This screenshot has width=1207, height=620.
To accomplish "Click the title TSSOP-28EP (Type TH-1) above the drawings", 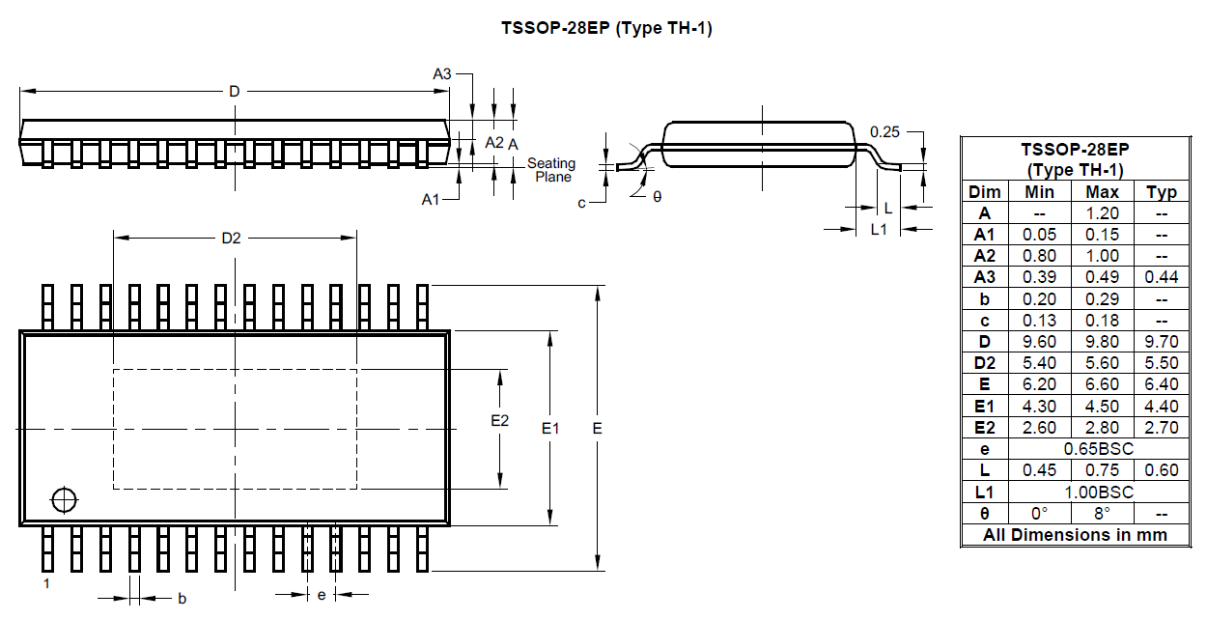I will [606, 28].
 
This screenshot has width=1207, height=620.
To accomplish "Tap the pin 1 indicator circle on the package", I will [65, 500].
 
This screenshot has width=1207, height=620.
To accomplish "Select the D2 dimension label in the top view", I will [231, 239].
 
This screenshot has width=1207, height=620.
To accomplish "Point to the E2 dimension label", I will [499, 421].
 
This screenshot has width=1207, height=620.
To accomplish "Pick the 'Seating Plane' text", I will [552, 170].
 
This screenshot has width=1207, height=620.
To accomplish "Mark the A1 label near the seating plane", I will [432, 199].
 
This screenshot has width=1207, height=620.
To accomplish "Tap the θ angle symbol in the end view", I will [658, 196].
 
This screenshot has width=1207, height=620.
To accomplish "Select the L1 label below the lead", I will [879, 229].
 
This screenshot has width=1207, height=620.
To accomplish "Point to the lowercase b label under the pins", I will [182, 599].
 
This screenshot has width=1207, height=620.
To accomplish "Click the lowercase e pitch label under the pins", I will [322, 595].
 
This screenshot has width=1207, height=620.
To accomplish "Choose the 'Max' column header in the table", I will [1102, 192].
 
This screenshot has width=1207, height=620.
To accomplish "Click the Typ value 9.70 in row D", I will [1161, 342].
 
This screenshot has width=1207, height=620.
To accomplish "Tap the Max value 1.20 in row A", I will [1102, 213].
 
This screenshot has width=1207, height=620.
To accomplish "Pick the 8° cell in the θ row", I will [1102, 513].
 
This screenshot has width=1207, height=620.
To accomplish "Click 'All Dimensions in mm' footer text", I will [1075, 534].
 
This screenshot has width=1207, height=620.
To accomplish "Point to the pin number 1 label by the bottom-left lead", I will [45, 584].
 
